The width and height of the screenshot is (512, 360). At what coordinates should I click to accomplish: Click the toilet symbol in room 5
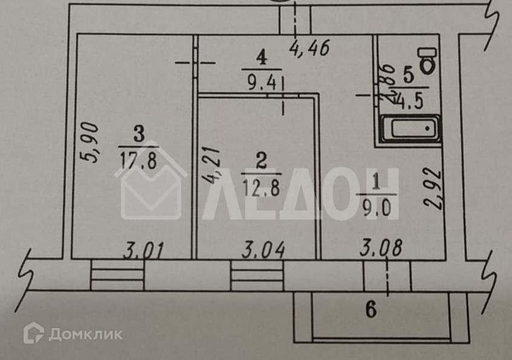click(429, 59)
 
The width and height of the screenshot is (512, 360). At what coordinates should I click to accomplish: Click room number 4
click(261, 59)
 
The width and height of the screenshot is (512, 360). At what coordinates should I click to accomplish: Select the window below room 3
click(117, 275)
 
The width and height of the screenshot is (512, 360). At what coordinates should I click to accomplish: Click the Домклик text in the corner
click(85, 333)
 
